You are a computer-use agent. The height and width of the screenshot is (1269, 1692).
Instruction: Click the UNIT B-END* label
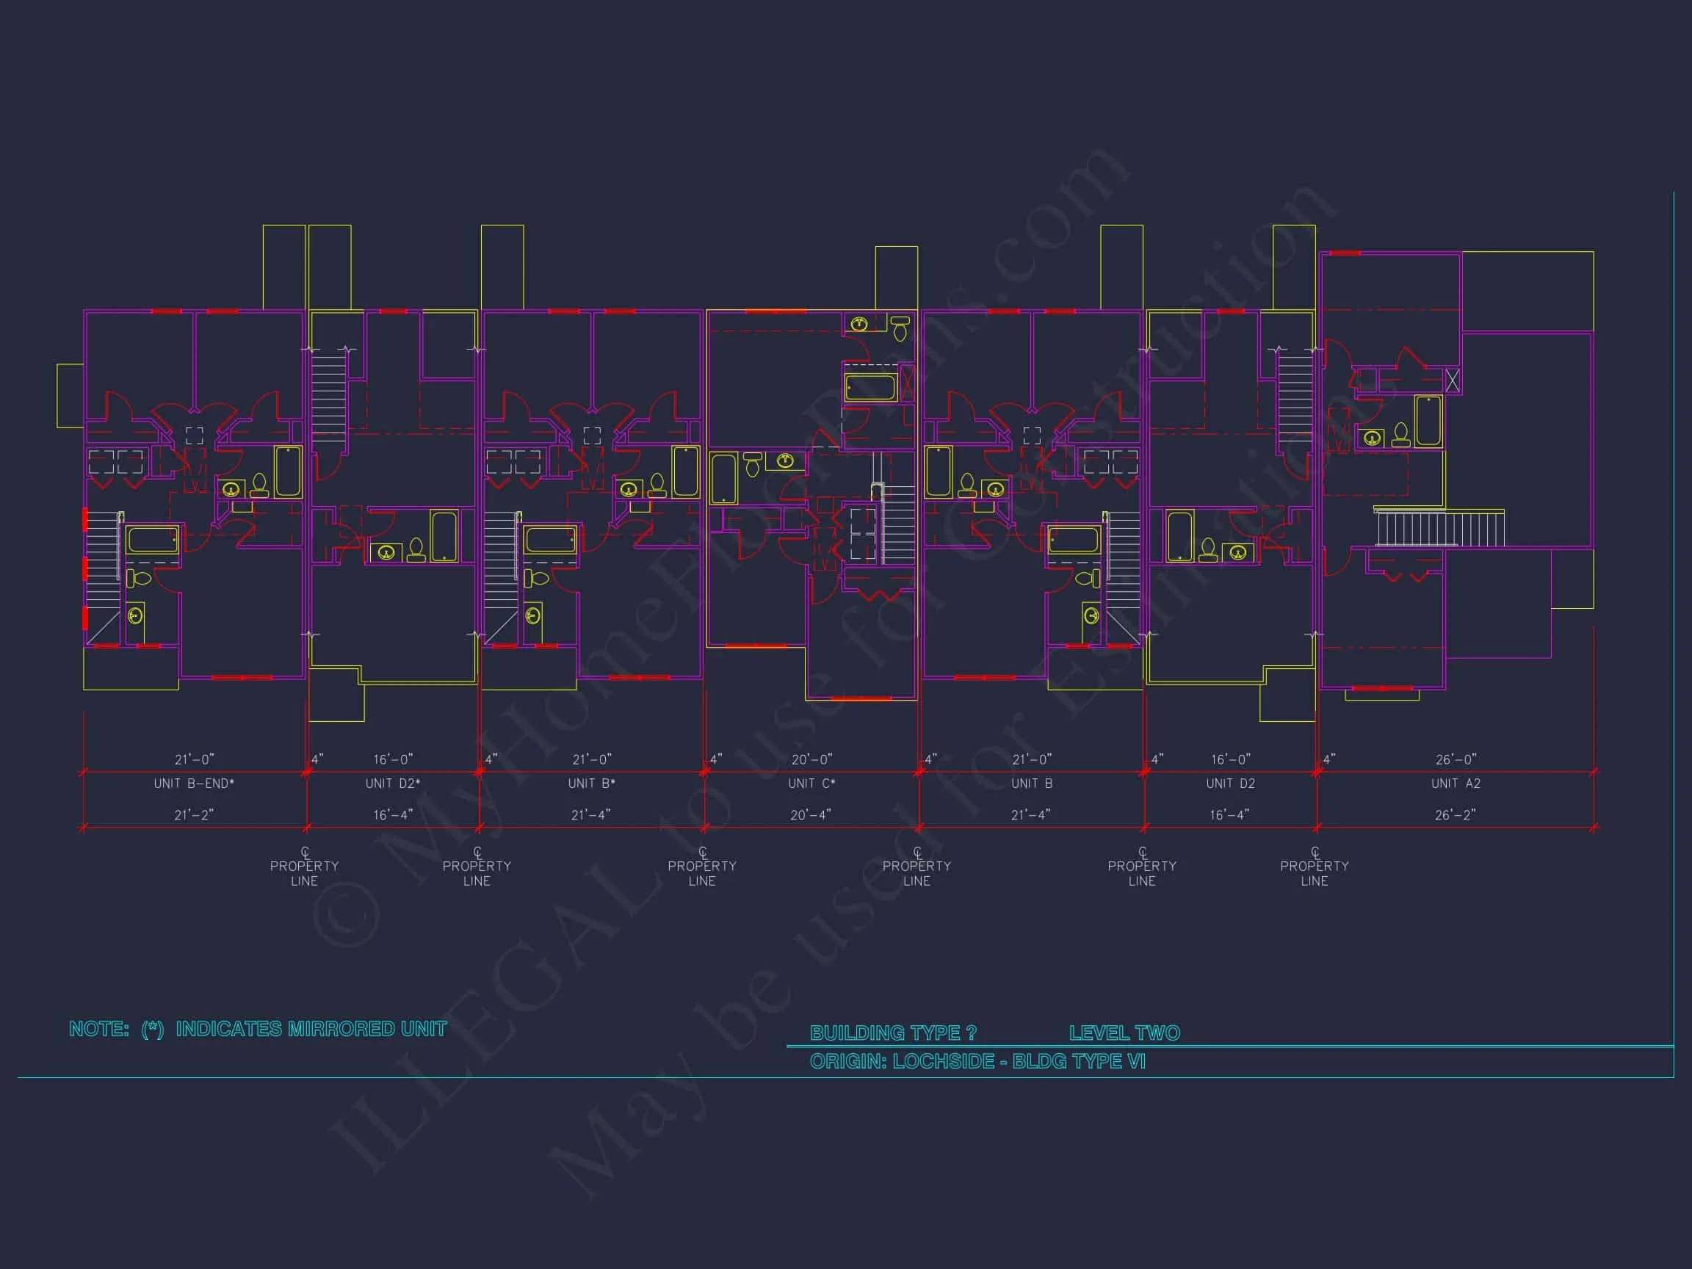coord(194,784)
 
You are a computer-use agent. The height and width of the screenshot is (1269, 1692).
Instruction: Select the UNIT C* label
coord(811,784)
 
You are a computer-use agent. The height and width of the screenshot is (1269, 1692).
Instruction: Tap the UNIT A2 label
coord(1456,784)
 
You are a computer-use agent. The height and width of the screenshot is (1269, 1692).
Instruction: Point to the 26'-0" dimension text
coord(1456,759)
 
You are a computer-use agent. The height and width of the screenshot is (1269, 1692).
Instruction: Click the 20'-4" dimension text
coord(811,815)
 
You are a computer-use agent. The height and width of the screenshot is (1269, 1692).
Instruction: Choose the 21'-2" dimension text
coord(194,815)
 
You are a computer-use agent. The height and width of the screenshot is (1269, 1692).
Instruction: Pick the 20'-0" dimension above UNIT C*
coord(811,759)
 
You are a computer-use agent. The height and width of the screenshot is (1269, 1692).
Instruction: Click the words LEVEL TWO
coord(1124,1033)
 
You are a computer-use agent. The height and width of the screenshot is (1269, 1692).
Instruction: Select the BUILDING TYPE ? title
coord(893,1033)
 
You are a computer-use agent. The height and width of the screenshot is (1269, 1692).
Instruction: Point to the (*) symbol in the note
coord(152,1030)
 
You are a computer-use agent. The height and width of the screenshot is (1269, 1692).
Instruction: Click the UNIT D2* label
coord(392,784)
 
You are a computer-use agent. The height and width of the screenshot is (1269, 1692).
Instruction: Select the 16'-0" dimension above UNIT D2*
coord(392,759)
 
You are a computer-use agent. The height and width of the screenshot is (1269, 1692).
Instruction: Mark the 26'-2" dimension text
coord(1455,815)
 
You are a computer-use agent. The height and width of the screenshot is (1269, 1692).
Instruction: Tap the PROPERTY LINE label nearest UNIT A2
coord(1314,872)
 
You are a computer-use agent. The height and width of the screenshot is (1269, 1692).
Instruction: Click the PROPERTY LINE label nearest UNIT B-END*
coord(304,872)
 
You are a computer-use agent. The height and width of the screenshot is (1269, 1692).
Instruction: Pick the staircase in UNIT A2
coord(1438,528)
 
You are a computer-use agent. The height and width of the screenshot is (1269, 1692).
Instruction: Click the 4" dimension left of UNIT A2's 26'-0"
coord(1328,759)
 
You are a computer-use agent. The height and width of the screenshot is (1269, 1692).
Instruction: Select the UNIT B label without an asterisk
coord(1032,784)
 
